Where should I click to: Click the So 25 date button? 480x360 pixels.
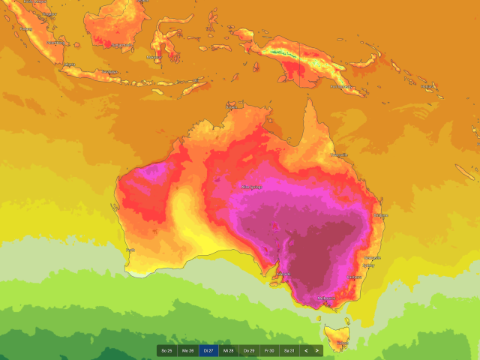coord(166,350)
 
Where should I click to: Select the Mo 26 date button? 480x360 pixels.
coord(187,350)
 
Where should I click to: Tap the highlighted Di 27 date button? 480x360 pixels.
coord(208,350)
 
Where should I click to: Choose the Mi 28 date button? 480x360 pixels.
coord(229,350)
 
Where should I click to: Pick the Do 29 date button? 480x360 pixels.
coord(249,350)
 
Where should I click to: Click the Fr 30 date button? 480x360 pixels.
coord(269,350)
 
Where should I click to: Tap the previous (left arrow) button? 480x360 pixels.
coord(306,350)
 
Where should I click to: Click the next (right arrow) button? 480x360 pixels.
coord(317,350)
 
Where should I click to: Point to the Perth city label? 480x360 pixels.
coord(130,250)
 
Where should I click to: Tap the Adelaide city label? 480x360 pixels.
coord(284,274)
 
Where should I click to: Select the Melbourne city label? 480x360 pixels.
coord(326,298)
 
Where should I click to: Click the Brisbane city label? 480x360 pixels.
coord(381,215)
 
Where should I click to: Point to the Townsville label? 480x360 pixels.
coord(339,155)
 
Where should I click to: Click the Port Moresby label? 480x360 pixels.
coord(341,87)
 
